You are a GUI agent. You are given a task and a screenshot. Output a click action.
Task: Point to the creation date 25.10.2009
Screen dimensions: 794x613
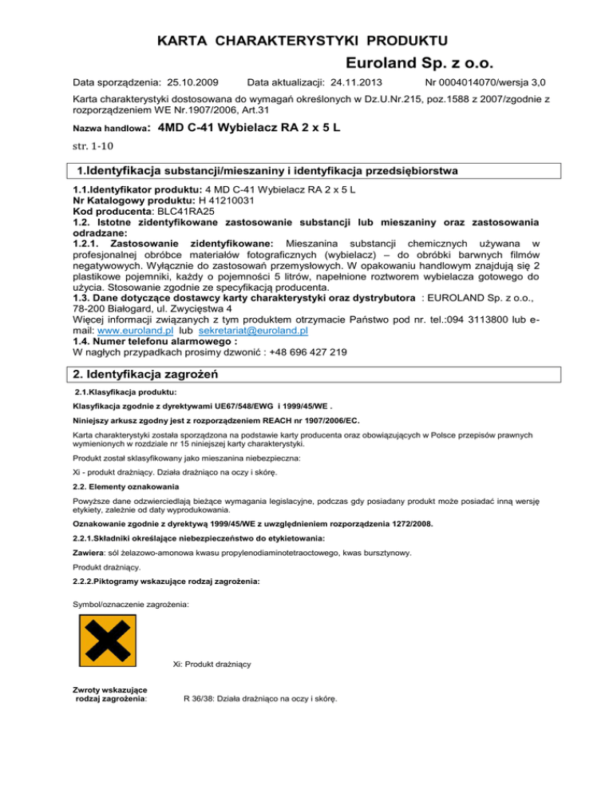[189, 82]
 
